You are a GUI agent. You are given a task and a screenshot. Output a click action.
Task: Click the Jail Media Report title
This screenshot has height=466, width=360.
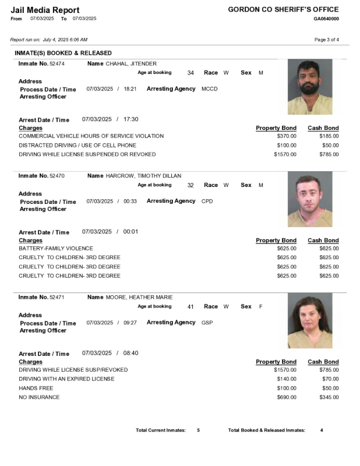45,10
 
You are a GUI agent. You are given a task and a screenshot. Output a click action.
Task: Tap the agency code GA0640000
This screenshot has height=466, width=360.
326,19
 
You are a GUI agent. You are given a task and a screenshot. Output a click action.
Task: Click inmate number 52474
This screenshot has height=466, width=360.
57,63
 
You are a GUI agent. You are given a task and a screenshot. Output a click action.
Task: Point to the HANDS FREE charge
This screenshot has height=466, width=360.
36,388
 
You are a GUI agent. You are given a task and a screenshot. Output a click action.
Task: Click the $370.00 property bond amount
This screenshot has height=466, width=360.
286,136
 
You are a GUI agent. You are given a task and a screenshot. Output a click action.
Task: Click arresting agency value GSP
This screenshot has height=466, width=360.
207,323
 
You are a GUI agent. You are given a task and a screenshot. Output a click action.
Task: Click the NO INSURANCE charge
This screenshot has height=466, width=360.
39,397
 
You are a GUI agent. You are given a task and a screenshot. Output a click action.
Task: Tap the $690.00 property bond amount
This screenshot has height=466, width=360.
286,397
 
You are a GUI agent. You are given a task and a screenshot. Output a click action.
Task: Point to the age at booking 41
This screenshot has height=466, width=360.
190,306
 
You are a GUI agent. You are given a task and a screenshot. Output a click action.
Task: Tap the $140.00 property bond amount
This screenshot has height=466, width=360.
286,379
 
